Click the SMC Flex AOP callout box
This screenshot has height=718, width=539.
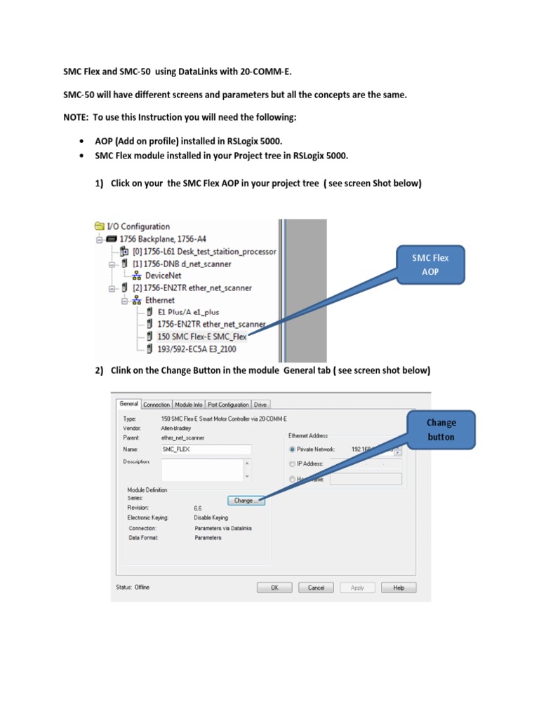pyautogui.click(x=430, y=264)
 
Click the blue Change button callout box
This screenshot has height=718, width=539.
pyautogui.click(x=441, y=429)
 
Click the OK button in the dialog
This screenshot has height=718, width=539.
pyautogui.click(x=275, y=588)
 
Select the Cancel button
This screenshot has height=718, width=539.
pyautogui.click(x=316, y=588)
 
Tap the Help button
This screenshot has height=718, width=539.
pyautogui.click(x=399, y=588)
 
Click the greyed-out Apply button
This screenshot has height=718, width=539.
pyautogui.click(x=357, y=588)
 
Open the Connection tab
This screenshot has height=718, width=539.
pyautogui.click(x=157, y=405)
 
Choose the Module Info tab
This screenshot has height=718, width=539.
pyautogui.click(x=188, y=405)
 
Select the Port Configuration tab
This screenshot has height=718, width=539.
pyautogui.click(x=228, y=405)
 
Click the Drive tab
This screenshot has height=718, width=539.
pyautogui.click(x=260, y=405)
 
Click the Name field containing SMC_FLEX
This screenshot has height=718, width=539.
pyautogui.click(x=206, y=449)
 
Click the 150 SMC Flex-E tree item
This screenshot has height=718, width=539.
pyautogui.click(x=202, y=336)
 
